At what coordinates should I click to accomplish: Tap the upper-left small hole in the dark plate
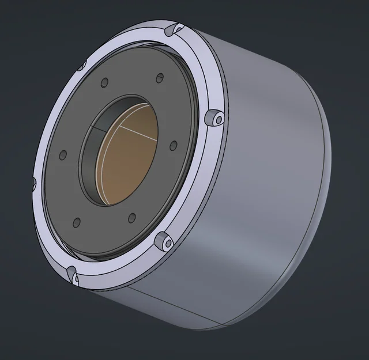104,83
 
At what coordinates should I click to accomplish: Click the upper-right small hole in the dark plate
160,78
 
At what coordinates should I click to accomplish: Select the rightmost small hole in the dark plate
173,146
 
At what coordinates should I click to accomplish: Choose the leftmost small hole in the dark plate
63,155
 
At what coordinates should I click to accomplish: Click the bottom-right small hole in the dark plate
131,218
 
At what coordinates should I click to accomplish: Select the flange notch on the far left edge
34,183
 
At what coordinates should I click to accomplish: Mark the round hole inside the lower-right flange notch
168,244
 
